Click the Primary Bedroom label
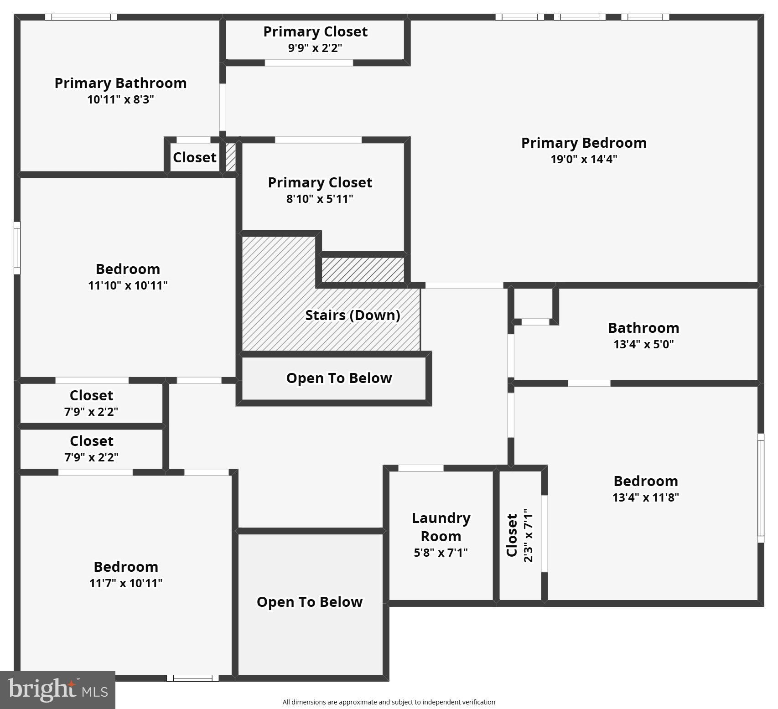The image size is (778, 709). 584,143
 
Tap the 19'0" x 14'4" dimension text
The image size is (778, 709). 584,159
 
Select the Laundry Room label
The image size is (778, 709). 441,527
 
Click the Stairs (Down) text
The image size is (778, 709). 353,315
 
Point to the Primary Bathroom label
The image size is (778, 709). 120,83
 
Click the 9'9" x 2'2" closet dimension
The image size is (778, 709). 315,48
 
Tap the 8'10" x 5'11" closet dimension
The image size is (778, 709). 320,199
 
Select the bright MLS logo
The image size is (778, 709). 57,690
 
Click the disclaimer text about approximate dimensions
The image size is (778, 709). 389,702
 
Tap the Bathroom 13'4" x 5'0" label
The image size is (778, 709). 643,335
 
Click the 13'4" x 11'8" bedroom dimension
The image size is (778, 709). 645,497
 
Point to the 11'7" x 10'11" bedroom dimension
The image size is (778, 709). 126,583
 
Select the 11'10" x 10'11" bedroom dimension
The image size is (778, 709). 128,285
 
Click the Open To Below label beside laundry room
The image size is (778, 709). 310,602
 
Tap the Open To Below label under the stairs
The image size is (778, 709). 339,378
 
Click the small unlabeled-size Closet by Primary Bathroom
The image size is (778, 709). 194,157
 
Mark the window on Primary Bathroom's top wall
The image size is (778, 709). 81,17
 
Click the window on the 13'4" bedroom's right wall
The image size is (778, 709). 761,488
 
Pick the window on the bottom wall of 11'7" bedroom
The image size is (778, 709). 192,678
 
